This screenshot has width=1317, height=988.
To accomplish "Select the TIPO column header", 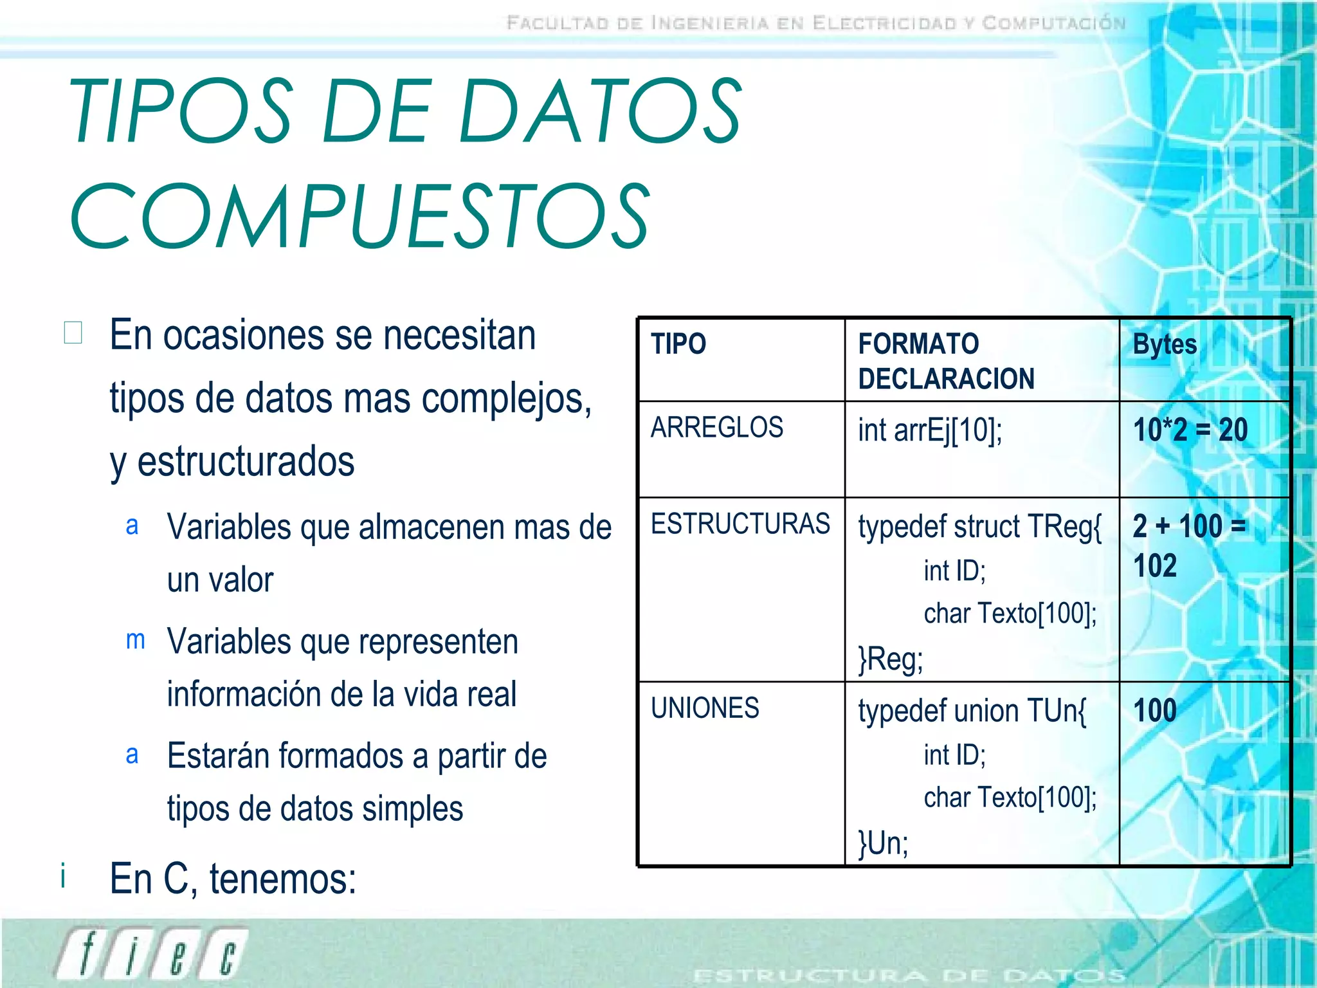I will [678, 343].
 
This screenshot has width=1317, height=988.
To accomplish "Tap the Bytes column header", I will [1164, 344].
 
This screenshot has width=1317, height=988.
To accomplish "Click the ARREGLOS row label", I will [716, 428].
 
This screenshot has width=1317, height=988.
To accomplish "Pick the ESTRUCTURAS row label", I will [740, 524].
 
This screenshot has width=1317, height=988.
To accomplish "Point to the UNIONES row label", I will [705, 708].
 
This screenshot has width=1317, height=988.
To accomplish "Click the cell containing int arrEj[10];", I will [929, 430].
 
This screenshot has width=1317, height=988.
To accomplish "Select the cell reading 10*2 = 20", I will [1190, 430].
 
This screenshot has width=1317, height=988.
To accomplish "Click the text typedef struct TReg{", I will [979, 526].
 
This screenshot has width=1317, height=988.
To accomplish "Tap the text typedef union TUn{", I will [972, 711].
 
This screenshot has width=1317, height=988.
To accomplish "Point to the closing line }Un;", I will [884, 843].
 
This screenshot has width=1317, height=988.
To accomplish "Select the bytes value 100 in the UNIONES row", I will [1155, 711].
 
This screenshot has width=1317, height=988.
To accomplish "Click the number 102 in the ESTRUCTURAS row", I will [1155, 566].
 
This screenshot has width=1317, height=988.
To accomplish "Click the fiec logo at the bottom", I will [151, 954].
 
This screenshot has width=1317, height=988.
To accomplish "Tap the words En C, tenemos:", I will [233, 879].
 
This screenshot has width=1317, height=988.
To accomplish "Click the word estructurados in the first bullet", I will [246, 461].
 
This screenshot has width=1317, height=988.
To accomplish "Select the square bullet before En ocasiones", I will [73, 333].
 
